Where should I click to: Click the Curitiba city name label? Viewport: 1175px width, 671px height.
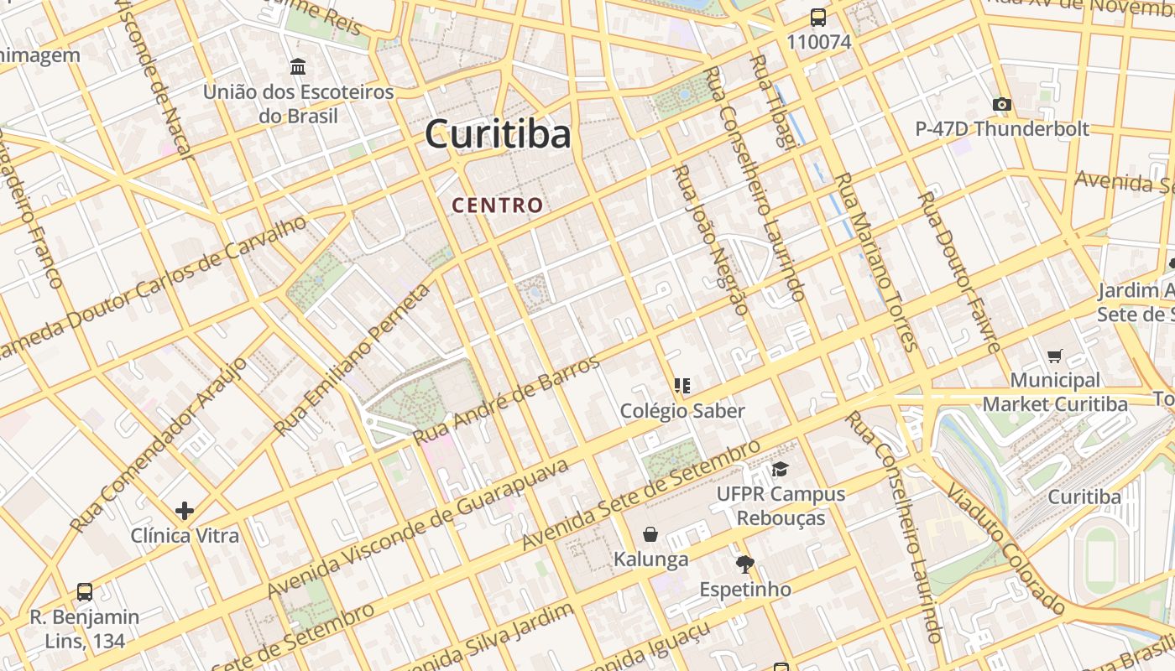click(498, 134)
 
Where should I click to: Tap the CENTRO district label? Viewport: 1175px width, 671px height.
click(498, 205)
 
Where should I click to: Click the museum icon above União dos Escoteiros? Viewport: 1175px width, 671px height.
click(298, 66)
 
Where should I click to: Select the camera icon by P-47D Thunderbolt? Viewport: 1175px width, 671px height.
click(1001, 104)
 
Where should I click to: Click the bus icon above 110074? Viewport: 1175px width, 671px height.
click(818, 18)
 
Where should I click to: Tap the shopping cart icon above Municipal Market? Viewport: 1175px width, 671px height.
click(1055, 356)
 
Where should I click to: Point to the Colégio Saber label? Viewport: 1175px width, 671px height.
click(682, 411)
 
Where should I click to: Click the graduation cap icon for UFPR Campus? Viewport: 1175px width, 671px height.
click(781, 469)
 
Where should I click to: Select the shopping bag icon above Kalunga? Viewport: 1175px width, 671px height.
click(650, 534)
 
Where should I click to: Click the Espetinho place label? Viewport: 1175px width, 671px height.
click(745, 590)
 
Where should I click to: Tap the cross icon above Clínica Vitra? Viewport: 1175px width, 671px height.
click(185, 510)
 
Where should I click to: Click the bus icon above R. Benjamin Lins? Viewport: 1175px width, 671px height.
click(85, 591)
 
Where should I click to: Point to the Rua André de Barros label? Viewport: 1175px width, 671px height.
click(507, 401)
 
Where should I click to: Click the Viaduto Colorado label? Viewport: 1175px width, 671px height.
click(1002, 545)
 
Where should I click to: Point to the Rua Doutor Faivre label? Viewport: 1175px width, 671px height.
click(958, 273)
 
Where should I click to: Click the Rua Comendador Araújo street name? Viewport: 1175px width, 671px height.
click(159, 445)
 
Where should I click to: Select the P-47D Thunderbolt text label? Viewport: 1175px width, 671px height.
click(1002, 129)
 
